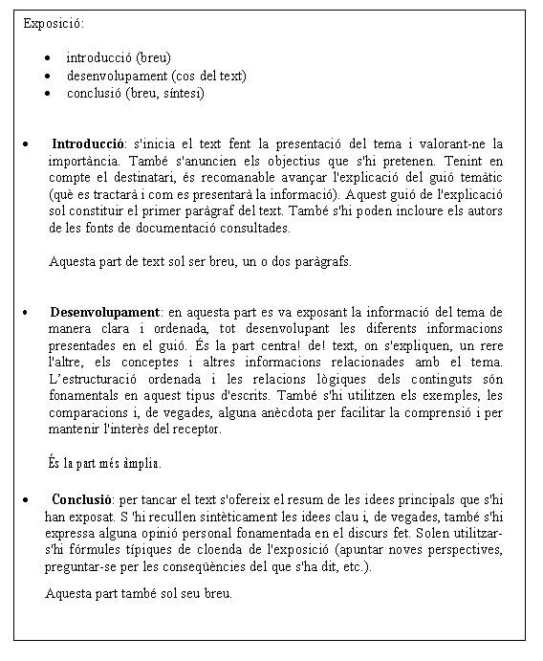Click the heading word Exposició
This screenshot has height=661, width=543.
tap(54, 22)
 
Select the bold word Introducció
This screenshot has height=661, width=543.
tap(88, 143)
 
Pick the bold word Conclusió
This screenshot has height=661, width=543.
tap(82, 498)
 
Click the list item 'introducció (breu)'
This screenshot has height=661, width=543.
tap(119, 57)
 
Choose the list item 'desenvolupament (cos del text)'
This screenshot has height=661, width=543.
tap(156, 76)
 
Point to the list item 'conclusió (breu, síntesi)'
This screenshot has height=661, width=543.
tap(135, 94)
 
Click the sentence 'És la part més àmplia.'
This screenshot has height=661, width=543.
tap(104, 463)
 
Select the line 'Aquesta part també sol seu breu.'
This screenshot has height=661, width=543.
tap(139, 593)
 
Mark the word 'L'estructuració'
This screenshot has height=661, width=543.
tap(94, 379)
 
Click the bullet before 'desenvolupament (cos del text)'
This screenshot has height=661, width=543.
tap(48, 76)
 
